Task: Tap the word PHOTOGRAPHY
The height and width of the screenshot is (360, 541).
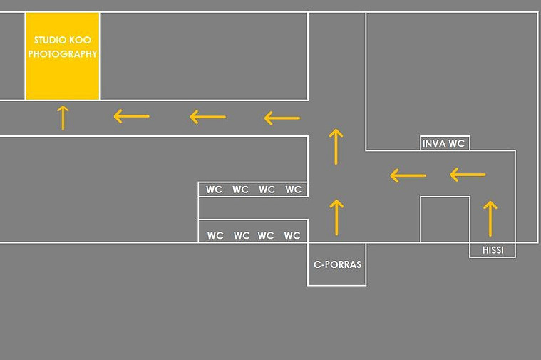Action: [63, 54]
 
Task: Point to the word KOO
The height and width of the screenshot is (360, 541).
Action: [80, 40]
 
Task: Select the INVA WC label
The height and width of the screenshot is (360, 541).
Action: [443, 143]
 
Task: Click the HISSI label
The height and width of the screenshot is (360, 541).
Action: [493, 250]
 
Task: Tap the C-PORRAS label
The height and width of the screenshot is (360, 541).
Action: [337, 264]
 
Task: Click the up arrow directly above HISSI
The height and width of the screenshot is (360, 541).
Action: [490, 218]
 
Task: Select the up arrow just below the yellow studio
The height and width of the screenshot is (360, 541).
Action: [63, 118]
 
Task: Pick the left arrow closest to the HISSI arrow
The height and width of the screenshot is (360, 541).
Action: [468, 175]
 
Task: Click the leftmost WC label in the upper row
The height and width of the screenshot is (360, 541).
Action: [214, 190]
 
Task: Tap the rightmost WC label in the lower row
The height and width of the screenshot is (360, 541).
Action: [292, 235]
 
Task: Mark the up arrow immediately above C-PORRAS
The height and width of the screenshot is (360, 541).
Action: [336, 217]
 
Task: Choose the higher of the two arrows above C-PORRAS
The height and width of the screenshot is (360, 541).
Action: [336, 147]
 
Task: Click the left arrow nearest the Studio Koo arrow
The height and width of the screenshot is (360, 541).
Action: [131, 116]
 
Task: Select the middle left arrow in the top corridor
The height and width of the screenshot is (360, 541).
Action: [207, 117]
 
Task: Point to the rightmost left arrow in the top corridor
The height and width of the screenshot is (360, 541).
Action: [282, 118]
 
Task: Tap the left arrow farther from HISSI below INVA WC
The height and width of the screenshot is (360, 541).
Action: [408, 175]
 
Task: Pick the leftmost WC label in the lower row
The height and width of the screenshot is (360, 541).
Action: [215, 235]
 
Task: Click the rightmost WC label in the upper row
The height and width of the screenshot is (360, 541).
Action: [293, 190]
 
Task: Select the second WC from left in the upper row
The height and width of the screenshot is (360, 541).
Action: [240, 190]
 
